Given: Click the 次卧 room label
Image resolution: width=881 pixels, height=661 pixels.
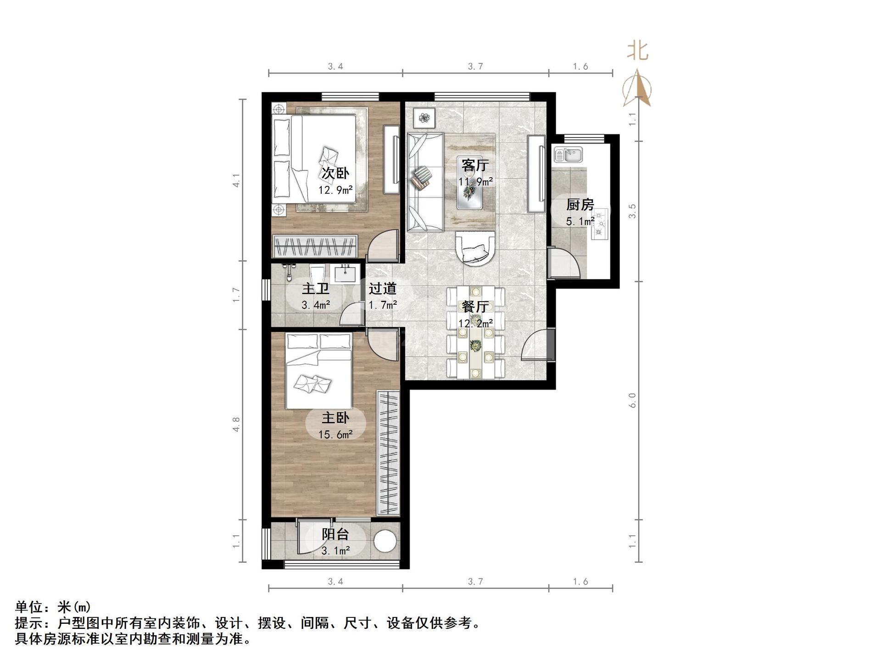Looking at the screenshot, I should point(335,173).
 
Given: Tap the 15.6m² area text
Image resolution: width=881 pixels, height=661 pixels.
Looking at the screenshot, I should point(335,434).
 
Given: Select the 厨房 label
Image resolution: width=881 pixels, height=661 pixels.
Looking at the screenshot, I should point(580,204).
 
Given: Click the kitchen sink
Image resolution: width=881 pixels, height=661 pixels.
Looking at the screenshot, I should point(568,155).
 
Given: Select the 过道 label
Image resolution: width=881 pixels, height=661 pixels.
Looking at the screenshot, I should point(382,288).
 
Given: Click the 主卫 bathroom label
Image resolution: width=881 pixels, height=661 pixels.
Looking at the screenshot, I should point(316,288).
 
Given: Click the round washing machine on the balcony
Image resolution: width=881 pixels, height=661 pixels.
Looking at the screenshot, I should point(385,542).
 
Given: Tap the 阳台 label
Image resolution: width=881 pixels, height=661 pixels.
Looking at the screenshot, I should point(335,534).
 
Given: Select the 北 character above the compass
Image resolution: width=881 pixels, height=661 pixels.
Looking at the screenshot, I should point(638,50).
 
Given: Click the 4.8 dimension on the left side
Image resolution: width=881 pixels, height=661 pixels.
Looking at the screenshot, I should point(236,424).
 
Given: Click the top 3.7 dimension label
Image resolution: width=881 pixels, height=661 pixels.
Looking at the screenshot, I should point(475,67).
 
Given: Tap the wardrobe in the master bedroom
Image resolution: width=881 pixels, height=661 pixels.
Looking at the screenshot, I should point(388,453).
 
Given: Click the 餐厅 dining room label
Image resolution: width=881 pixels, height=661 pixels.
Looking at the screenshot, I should point(475,306).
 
